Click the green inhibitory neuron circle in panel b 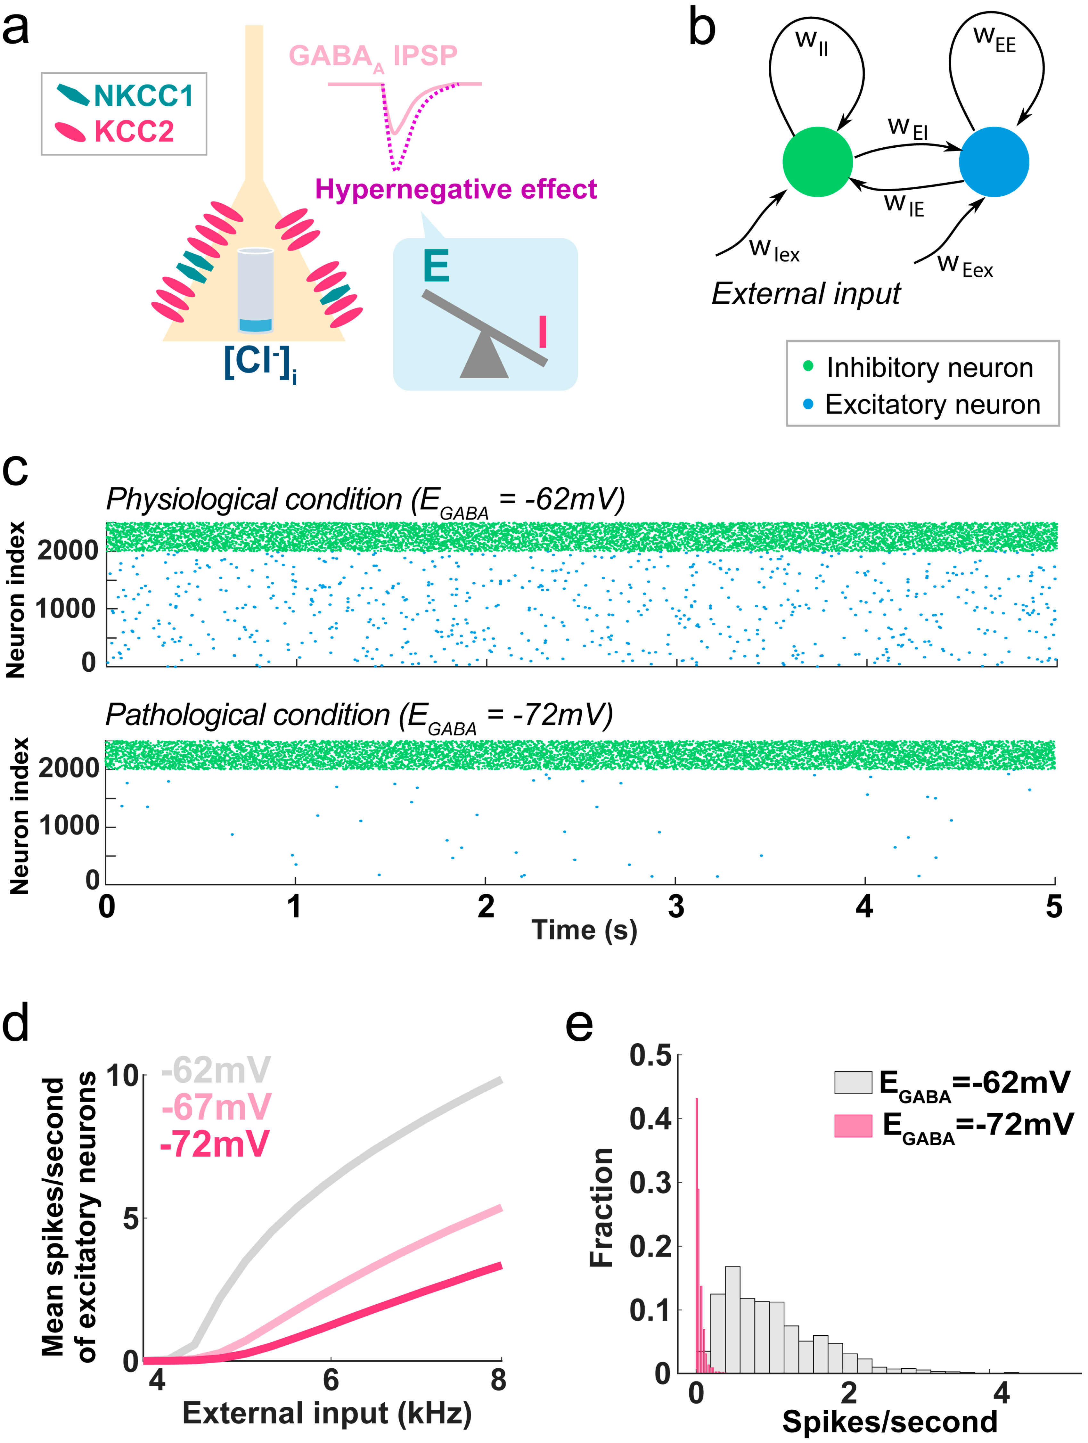point(817,162)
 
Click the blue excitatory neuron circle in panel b point(994,162)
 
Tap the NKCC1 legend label point(143,96)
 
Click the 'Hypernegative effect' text point(455,189)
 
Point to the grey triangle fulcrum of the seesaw point(484,357)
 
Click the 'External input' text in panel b point(806,293)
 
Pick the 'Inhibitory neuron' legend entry point(929,368)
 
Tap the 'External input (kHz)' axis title point(327,1413)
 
